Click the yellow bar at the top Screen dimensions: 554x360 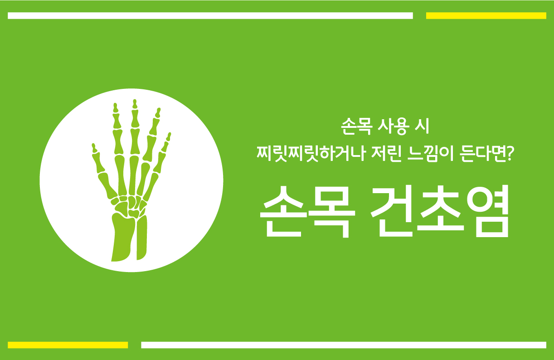tap(486, 15)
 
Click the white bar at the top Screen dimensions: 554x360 tap(210, 15)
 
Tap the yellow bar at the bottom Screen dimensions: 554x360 tap(68, 345)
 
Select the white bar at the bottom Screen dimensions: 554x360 tap(344, 345)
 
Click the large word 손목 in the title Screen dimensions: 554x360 tap(308, 212)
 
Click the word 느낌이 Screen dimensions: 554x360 tap(431, 154)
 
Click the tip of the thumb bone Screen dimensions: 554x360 tap(93, 144)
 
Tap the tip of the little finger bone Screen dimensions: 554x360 tap(170, 134)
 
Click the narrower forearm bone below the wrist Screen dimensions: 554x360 tap(142, 238)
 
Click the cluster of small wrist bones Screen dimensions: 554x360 tap(129, 207)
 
